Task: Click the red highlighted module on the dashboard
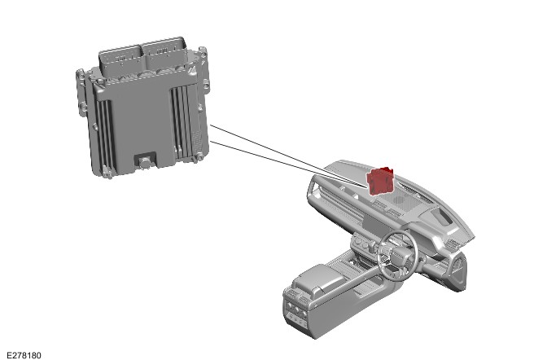380,180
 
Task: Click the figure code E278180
24,355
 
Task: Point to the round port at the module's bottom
145,162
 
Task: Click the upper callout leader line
290,155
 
